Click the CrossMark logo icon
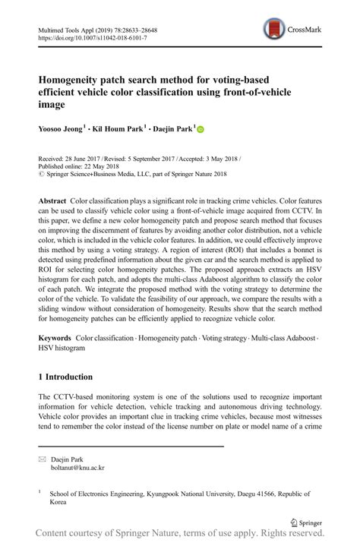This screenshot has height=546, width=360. (x=274, y=30)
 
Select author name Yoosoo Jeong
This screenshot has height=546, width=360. (x=61, y=129)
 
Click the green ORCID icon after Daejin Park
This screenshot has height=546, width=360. (x=201, y=129)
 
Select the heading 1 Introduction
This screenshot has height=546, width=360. (x=65, y=377)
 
